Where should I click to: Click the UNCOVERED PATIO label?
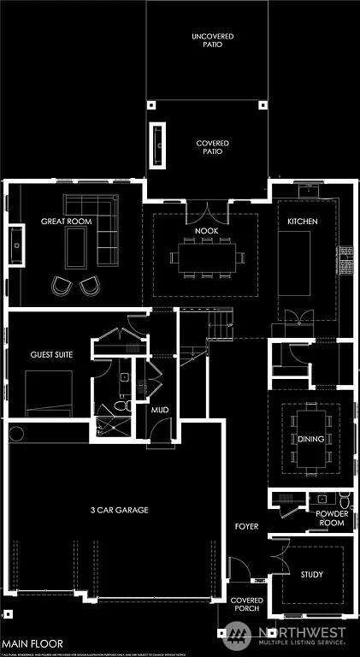pyautogui.click(x=213, y=40)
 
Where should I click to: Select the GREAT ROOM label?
pyautogui.click(x=66, y=222)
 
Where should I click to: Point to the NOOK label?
pyautogui.click(x=205, y=230)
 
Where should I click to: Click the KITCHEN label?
pyautogui.click(x=302, y=222)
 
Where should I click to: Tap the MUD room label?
pyautogui.click(x=160, y=411)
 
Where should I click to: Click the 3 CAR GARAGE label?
pyautogui.click(x=119, y=510)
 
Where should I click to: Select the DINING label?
pyautogui.click(x=310, y=439)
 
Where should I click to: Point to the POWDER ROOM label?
pyautogui.click(x=332, y=518)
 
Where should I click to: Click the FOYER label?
pyautogui.click(x=246, y=527)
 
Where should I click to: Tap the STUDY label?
pyautogui.click(x=311, y=574)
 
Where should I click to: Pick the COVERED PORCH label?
pyautogui.click(x=246, y=605)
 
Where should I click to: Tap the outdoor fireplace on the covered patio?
pyautogui.click(x=158, y=143)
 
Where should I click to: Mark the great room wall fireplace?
pyautogui.click(x=15, y=243)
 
